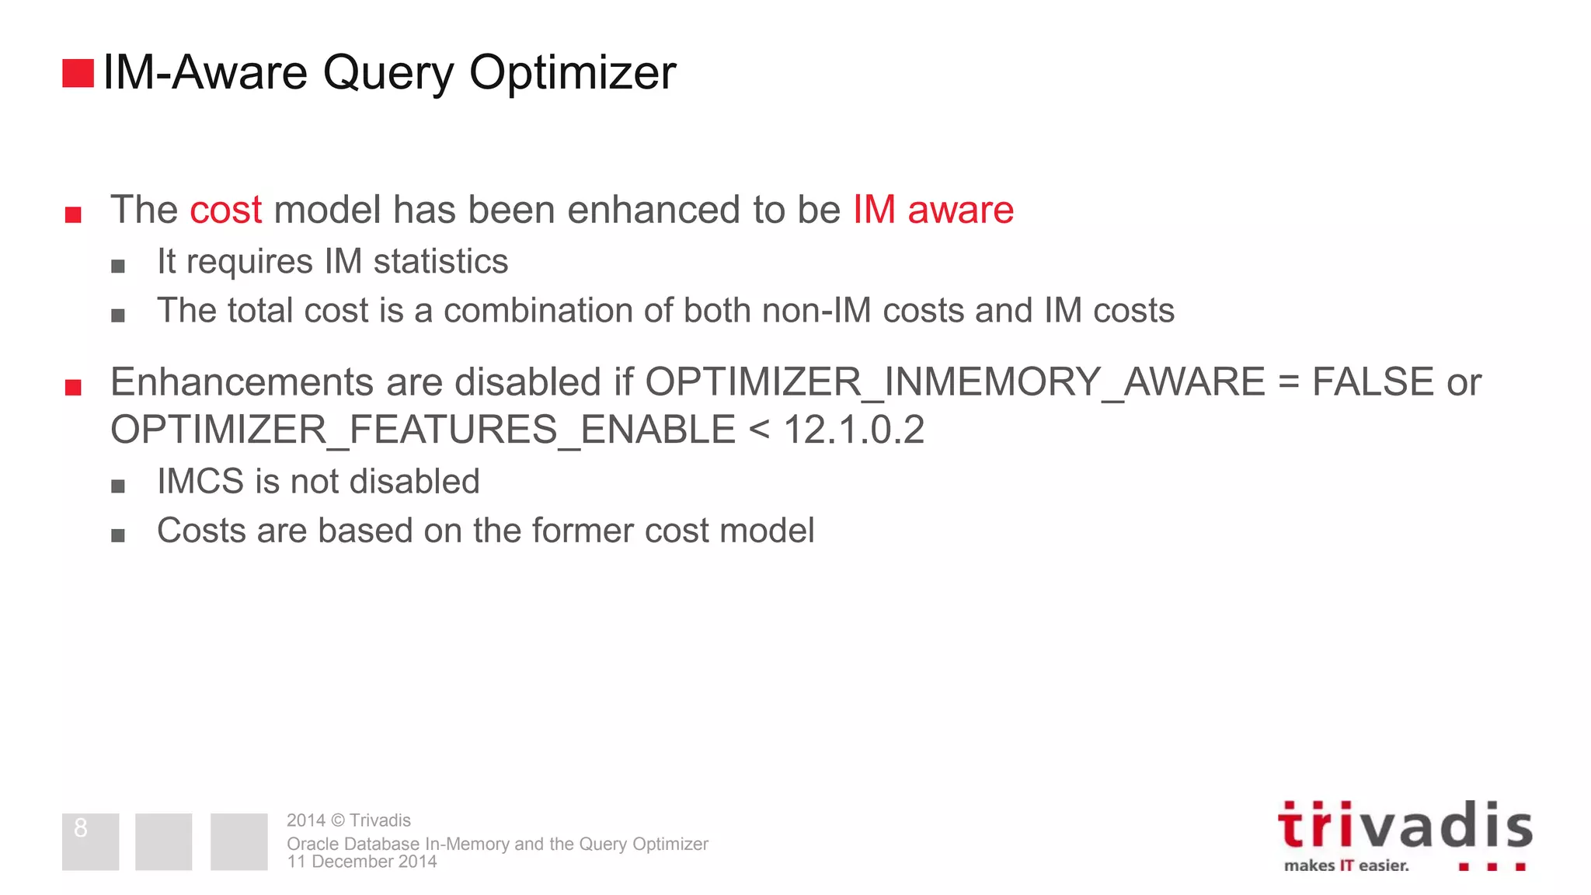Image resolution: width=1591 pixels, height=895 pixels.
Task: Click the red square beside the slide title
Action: click(78, 73)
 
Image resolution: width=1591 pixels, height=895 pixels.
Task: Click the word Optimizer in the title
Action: click(572, 73)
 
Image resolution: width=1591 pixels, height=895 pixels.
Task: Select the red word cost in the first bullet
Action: click(225, 211)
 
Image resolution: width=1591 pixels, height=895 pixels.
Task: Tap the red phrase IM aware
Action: click(933, 211)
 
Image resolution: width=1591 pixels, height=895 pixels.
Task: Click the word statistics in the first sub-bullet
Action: click(440, 262)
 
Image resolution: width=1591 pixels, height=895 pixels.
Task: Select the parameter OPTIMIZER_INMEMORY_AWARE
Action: click(955, 382)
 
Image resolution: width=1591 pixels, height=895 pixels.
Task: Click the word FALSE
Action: click(1372, 382)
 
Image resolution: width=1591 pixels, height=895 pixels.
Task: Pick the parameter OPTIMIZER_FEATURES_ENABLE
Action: click(423, 430)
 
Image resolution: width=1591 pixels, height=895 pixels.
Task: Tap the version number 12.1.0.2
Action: click(854, 430)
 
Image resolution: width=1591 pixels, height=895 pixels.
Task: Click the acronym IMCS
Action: click(200, 482)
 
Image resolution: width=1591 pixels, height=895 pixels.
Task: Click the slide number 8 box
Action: click(90, 841)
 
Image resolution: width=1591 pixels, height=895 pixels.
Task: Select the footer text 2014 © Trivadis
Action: click(348, 820)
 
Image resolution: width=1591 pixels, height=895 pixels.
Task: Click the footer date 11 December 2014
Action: click(361, 862)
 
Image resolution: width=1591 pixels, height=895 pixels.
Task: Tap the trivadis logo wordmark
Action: click(1405, 826)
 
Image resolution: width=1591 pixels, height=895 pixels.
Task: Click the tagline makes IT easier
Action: click(1346, 865)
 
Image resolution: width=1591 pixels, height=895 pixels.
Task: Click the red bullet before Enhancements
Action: click(73, 387)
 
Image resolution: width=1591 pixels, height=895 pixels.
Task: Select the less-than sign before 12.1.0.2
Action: click(759, 430)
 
